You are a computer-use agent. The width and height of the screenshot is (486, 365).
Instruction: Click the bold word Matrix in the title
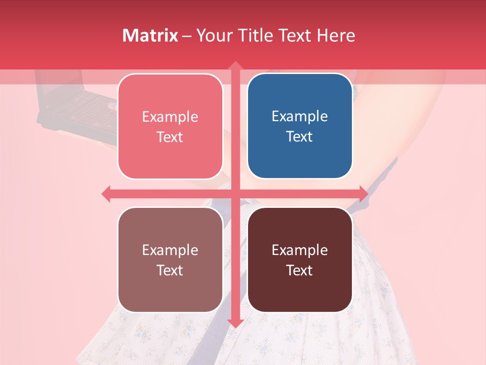pos(150,35)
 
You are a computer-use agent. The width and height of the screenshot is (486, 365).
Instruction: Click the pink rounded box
pos(170,126)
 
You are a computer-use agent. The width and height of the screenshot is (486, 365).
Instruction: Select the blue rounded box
pos(300,126)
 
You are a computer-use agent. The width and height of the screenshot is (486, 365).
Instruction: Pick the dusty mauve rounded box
pos(170,260)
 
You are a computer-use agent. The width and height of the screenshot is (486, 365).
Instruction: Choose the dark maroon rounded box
pos(300,260)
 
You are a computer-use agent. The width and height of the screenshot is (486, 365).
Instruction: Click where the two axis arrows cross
pos(235,194)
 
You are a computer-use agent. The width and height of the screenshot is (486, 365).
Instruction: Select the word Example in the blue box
pos(300,116)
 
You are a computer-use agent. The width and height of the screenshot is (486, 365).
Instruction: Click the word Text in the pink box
pos(170,137)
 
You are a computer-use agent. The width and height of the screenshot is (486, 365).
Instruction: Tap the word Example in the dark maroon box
pos(300,250)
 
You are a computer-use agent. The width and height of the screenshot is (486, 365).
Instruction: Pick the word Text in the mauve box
pos(170,270)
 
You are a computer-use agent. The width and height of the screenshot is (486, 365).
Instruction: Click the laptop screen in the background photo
pos(61,86)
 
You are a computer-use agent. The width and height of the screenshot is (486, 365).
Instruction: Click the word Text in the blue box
pos(300,136)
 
